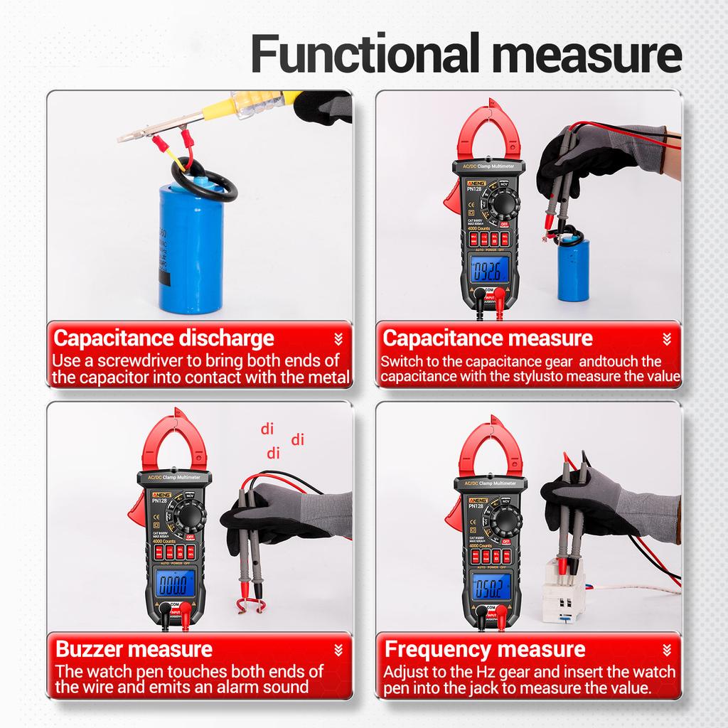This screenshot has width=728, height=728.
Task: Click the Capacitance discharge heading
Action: point(164,338)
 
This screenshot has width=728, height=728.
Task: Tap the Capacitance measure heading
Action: point(487,338)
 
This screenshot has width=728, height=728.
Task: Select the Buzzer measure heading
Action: point(134,648)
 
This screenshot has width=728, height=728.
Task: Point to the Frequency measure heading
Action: point(485,648)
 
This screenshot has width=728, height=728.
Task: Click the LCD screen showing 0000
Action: point(171,584)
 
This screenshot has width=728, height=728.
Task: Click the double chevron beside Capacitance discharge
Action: point(338,338)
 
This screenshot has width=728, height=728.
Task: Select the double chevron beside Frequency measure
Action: point(666,649)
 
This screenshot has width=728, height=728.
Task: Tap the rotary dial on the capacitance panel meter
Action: point(503,206)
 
